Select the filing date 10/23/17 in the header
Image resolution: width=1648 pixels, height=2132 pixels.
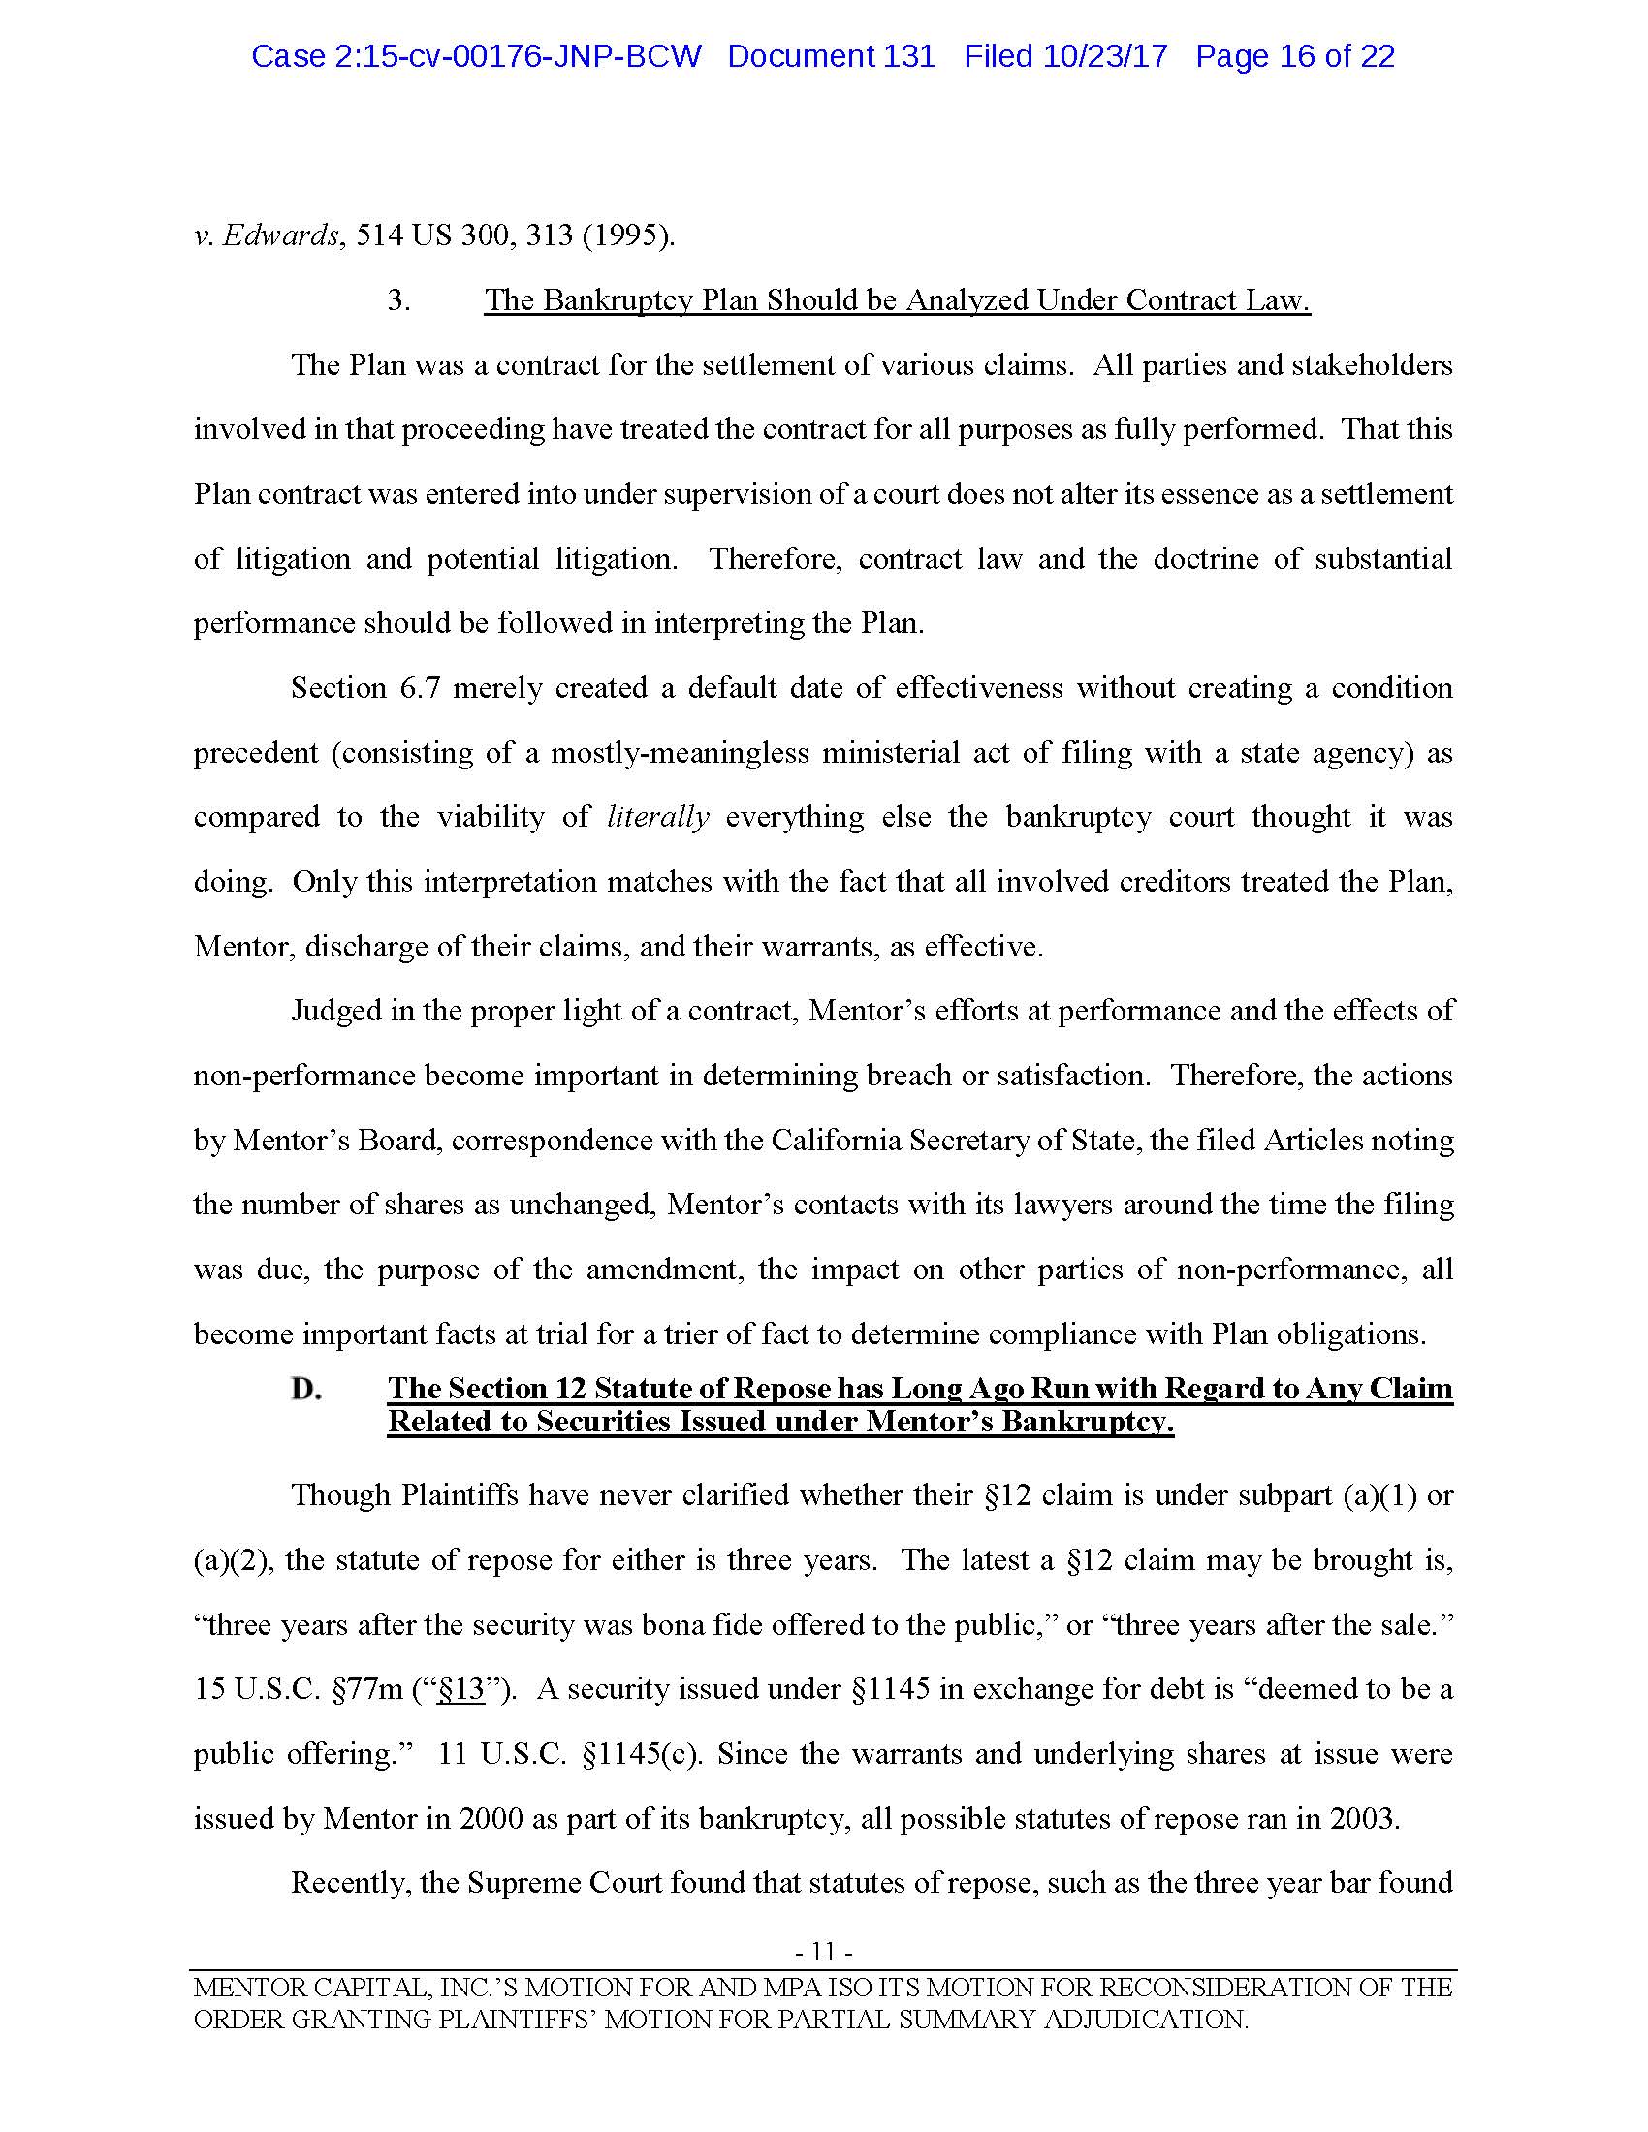1104,56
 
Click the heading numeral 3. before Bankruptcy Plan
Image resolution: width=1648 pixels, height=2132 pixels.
398,300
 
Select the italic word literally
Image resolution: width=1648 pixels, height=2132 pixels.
658,817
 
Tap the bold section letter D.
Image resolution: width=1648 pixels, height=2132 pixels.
306,1389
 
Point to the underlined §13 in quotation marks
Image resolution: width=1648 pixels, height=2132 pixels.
460,1690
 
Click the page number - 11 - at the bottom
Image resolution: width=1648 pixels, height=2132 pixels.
824,1952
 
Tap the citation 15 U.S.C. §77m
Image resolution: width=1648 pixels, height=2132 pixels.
299,1690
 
